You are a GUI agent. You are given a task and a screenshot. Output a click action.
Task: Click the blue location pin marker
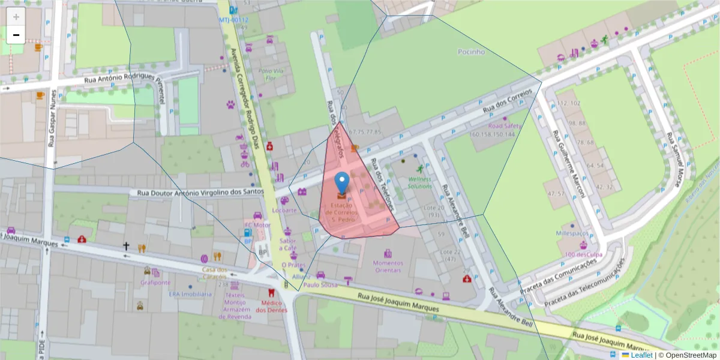coord(341,183)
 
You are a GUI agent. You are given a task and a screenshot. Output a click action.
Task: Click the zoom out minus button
coord(16,35)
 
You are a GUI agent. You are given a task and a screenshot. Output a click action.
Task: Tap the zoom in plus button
coord(16,17)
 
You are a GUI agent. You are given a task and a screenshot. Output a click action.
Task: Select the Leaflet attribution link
coord(642,355)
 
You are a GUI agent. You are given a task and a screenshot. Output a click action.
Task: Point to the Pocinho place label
coord(471,52)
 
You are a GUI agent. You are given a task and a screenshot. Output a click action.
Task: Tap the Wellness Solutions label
coord(420,182)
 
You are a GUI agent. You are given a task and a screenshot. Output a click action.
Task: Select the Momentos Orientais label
coord(388,266)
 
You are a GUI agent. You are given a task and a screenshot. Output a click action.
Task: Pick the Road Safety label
coord(504,126)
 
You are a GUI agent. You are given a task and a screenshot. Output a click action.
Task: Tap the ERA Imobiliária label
coord(190,294)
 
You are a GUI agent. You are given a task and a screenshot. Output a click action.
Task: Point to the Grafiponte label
coord(156,282)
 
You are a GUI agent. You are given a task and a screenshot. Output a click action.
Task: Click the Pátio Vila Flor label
coord(270,74)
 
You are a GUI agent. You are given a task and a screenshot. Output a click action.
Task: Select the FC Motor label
coord(257,225)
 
